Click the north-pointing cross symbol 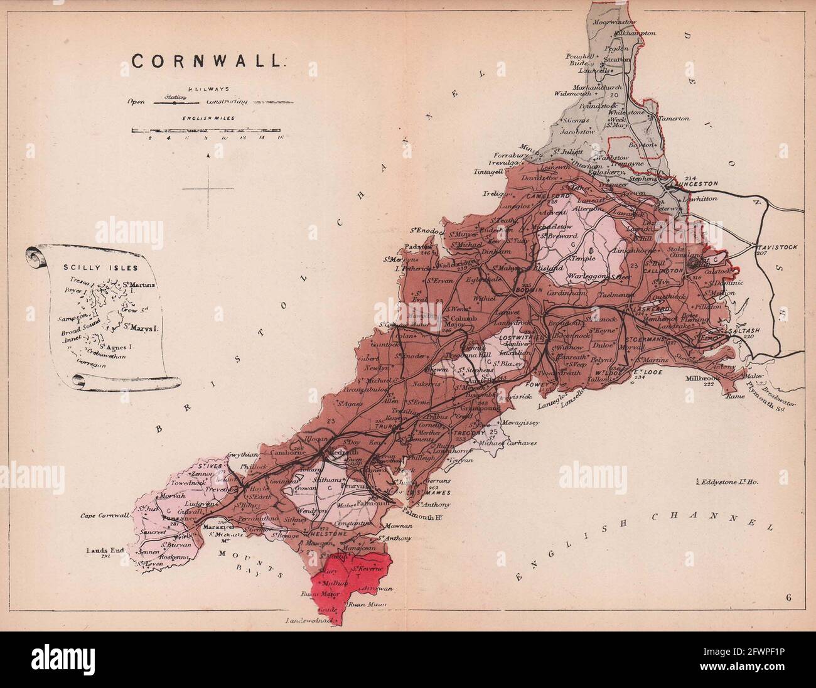[x=208, y=185]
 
